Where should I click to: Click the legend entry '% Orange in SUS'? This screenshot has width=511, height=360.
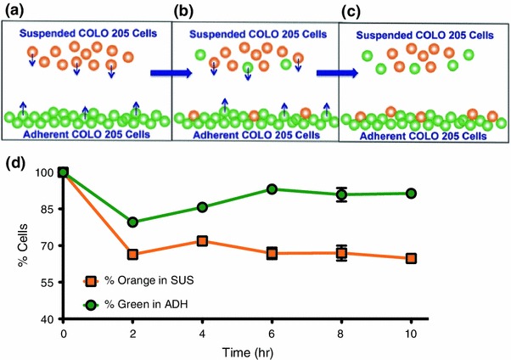tap(139, 281)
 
